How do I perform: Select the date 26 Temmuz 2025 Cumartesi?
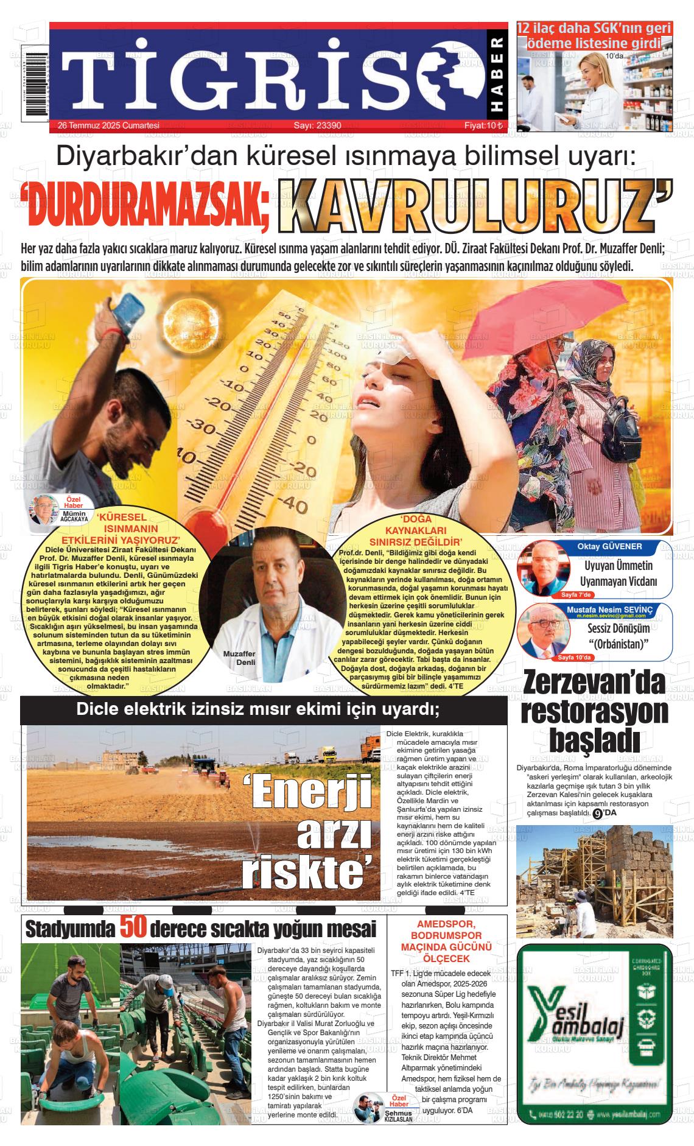click(x=108, y=126)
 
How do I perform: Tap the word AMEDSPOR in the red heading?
click(x=446, y=924)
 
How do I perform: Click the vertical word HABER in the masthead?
click(x=497, y=76)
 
